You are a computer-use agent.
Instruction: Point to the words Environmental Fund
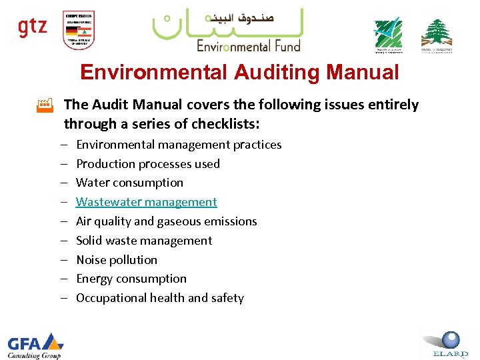[x=248, y=45]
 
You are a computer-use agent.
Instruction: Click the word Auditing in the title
[x=280, y=72]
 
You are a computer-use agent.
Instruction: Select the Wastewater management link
[x=147, y=202]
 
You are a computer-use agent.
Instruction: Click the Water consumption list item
[x=129, y=183]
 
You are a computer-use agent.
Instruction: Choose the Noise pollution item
[x=117, y=260]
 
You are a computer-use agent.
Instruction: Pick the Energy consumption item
[x=131, y=279]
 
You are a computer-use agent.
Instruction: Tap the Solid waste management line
[x=144, y=241]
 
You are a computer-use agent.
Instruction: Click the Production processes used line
[x=148, y=164]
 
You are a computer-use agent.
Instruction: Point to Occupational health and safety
[x=160, y=298]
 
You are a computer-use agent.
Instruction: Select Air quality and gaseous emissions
[x=167, y=221]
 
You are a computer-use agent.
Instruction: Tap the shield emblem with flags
[x=78, y=30]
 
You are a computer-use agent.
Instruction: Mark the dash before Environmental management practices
[x=61, y=145]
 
